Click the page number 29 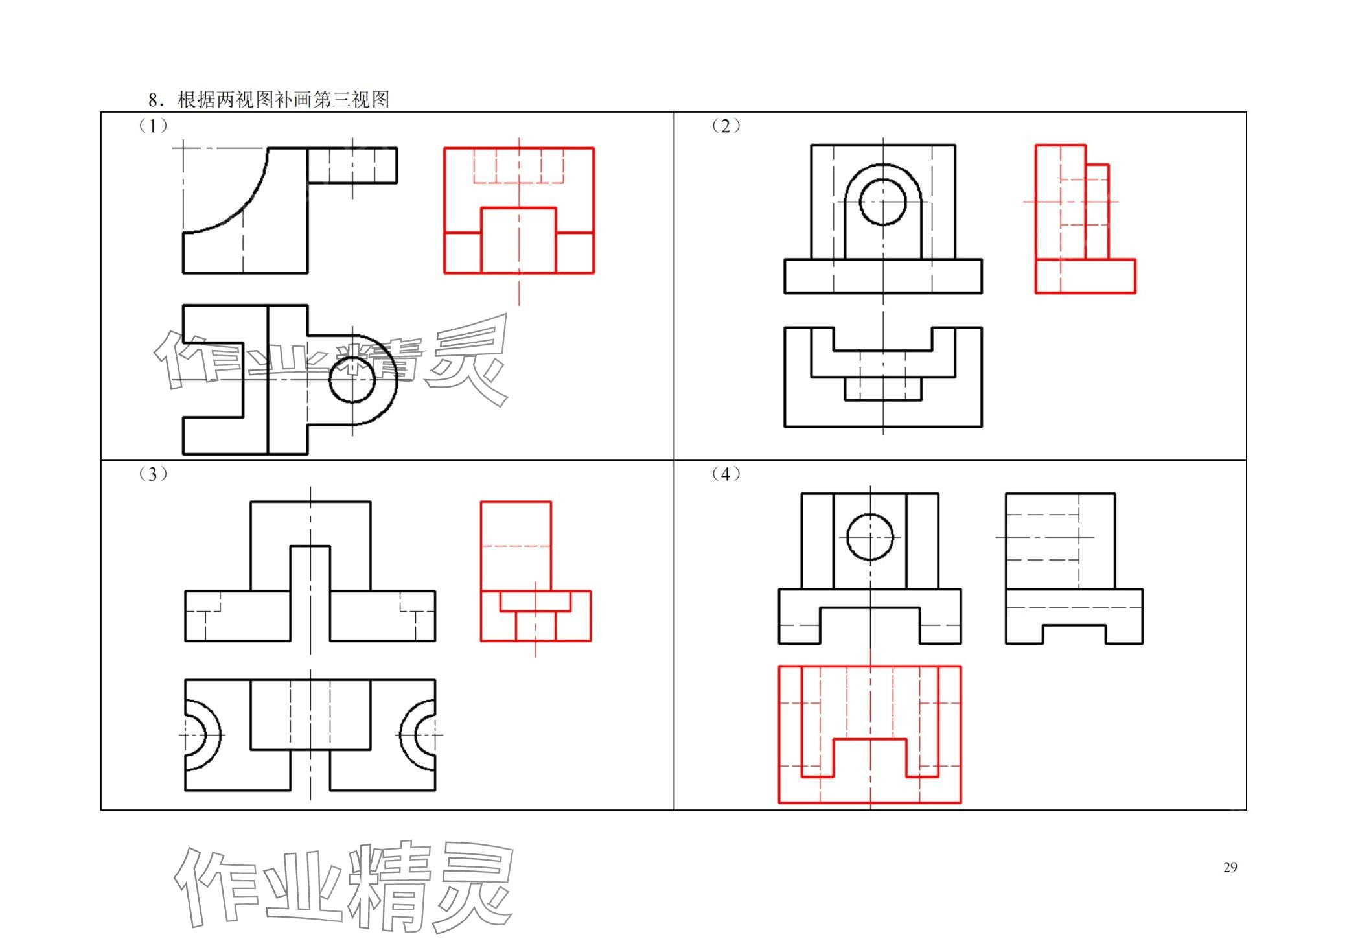(x=1229, y=867)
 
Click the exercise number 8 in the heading (x=153, y=100)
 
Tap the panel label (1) (x=153, y=126)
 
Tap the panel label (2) (x=726, y=126)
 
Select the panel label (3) (x=153, y=474)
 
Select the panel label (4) (x=726, y=474)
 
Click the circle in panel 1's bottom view (x=352, y=380)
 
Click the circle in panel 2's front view (x=882, y=202)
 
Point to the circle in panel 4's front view (x=869, y=537)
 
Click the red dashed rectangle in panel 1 (x=518, y=166)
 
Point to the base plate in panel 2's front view (x=882, y=277)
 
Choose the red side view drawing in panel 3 (x=535, y=572)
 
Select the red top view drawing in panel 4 (x=869, y=734)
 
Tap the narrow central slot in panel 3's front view (x=310, y=593)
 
